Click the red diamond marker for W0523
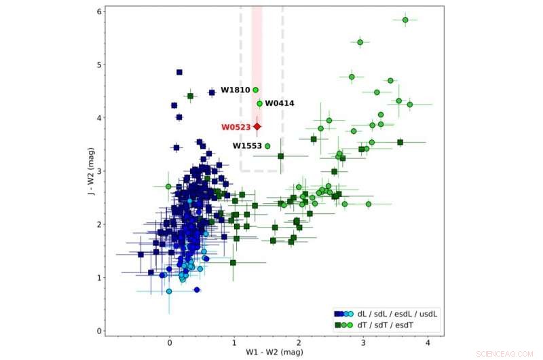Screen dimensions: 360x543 [257, 126]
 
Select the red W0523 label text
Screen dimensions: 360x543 [236, 127]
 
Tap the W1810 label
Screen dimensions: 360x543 [235, 90]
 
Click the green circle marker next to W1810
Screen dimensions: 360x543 [256, 90]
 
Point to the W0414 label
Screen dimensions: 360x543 [279, 103]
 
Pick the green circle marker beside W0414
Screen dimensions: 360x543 [260, 103]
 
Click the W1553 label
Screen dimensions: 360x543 [247, 146]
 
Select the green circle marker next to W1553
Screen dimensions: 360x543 [267, 146]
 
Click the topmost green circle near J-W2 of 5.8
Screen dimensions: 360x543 [405, 20]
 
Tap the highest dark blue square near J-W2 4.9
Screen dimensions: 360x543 [179, 72]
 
